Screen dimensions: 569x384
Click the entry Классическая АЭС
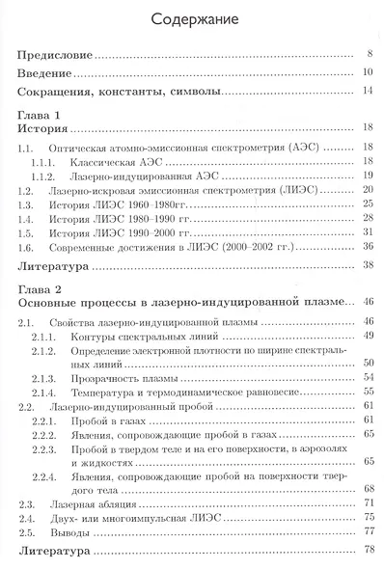click(118, 161)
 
